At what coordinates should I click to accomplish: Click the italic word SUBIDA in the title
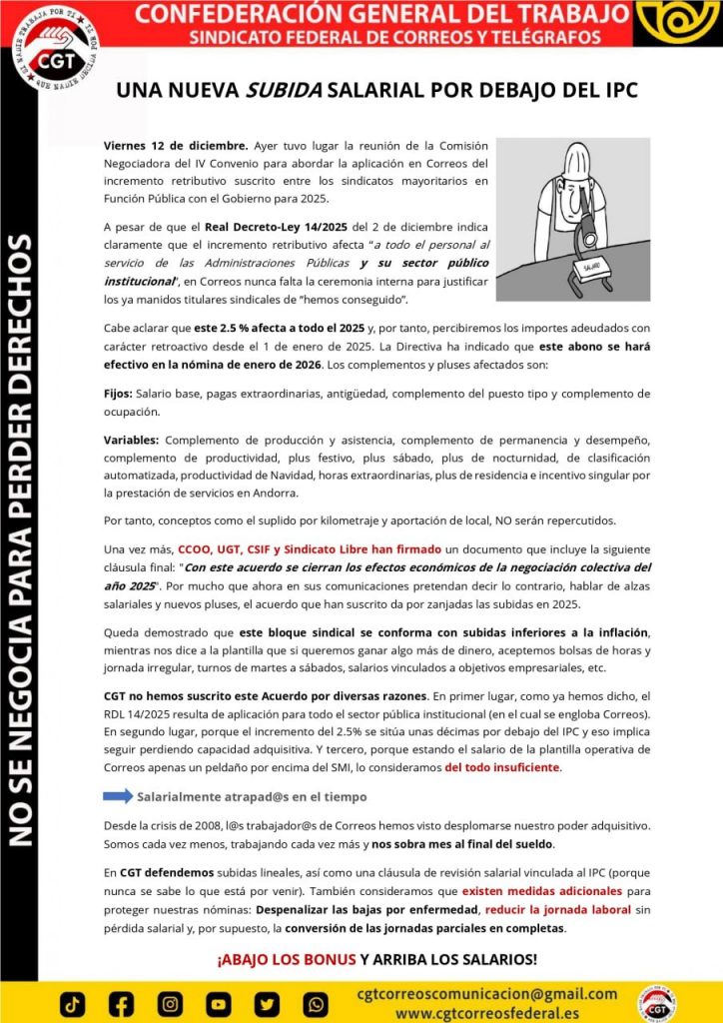click(284, 89)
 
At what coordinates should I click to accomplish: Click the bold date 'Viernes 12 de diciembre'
click(175, 145)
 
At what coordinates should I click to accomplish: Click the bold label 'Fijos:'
click(118, 394)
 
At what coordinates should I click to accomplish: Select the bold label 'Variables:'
click(131, 440)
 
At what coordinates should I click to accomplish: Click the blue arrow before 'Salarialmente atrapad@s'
click(118, 796)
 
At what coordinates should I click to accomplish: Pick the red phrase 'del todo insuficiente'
click(502, 767)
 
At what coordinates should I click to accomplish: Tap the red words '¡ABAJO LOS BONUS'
click(286, 959)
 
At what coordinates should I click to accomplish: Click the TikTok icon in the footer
click(73, 1003)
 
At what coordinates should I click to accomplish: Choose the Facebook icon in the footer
click(121, 1003)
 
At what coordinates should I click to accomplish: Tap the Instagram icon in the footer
click(170, 1003)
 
